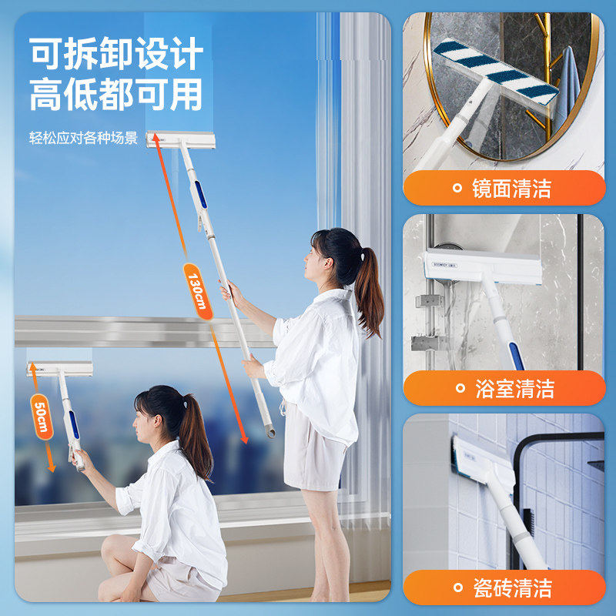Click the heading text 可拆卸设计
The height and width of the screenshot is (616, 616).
(x=116, y=55)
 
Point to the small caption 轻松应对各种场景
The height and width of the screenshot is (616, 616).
(x=83, y=139)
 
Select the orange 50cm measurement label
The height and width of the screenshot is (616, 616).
(x=42, y=417)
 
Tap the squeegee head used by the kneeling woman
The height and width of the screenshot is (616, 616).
(x=60, y=369)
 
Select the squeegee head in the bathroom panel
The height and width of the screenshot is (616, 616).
(x=482, y=265)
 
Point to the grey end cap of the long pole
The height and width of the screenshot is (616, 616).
(x=270, y=432)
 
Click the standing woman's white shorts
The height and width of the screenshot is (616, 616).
(x=315, y=454)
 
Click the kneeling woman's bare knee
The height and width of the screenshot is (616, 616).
(x=112, y=547)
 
